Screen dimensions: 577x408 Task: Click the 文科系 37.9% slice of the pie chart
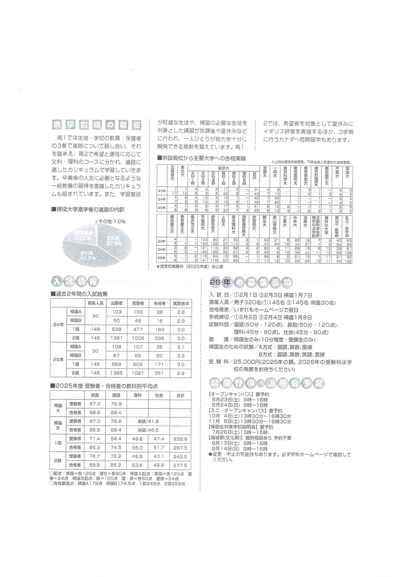tap(114, 241)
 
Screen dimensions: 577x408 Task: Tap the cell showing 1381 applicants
tap(116, 338)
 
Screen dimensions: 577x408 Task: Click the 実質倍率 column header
tap(181, 303)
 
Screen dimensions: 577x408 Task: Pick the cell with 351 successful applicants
tap(159, 373)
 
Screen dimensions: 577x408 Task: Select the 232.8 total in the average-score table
tap(180, 439)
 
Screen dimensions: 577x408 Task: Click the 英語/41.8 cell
tap(148, 421)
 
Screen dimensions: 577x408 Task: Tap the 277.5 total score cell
tap(180, 465)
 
